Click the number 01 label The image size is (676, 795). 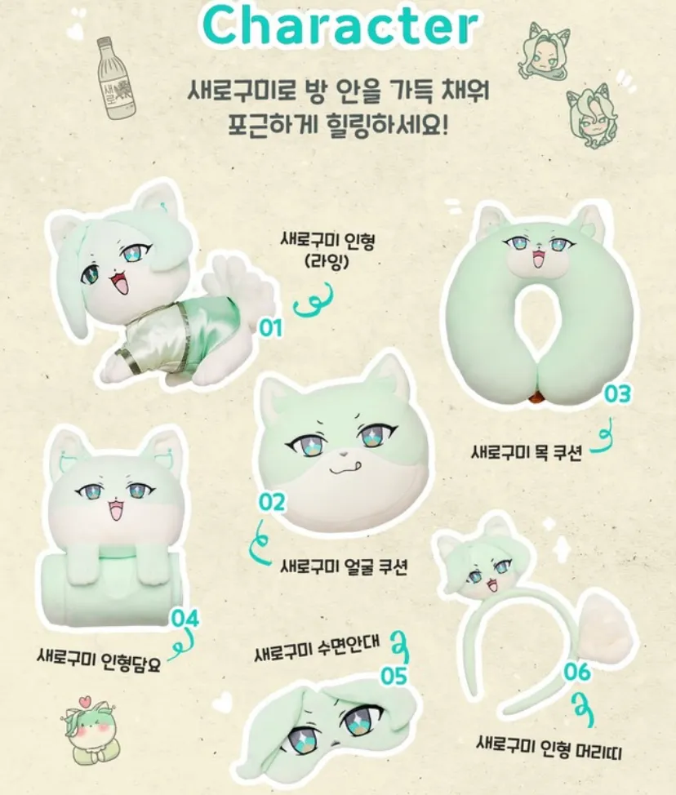pyautogui.click(x=270, y=328)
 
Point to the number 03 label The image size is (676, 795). pyautogui.click(x=618, y=393)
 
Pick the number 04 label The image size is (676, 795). pyautogui.click(x=185, y=618)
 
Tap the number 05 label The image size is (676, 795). pyautogui.click(x=393, y=676)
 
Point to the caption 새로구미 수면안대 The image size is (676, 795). pyautogui.click(x=318, y=652)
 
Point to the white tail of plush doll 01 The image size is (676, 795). pyautogui.click(x=245, y=282)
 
